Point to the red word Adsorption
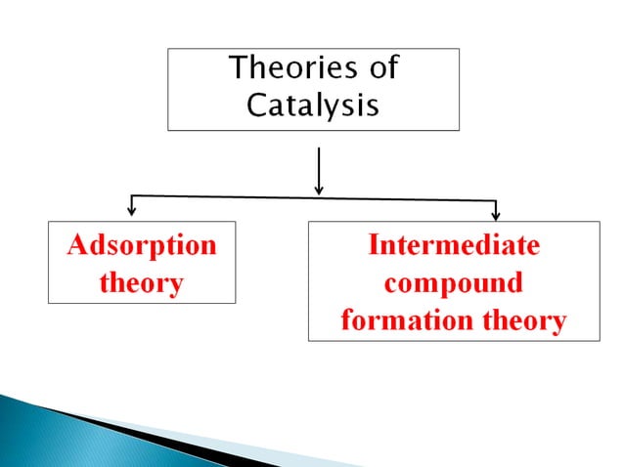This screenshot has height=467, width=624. pyautogui.click(x=142, y=244)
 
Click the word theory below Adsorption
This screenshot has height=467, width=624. pyautogui.click(x=142, y=283)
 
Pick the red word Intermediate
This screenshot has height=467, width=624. pyautogui.click(x=453, y=244)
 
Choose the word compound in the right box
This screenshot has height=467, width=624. pyautogui.click(x=453, y=283)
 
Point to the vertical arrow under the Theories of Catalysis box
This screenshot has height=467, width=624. pyautogui.click(x=319, y=170)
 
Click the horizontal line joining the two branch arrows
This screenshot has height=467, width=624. pyautogui.click(x=313, y=198)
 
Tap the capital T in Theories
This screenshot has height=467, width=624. pyautogui.click(x=237, y=69)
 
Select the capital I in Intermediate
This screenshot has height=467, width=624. pyautogui.click(x=373, y=244)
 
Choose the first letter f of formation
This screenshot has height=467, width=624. pyautogui.click(x=346, y=320)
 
